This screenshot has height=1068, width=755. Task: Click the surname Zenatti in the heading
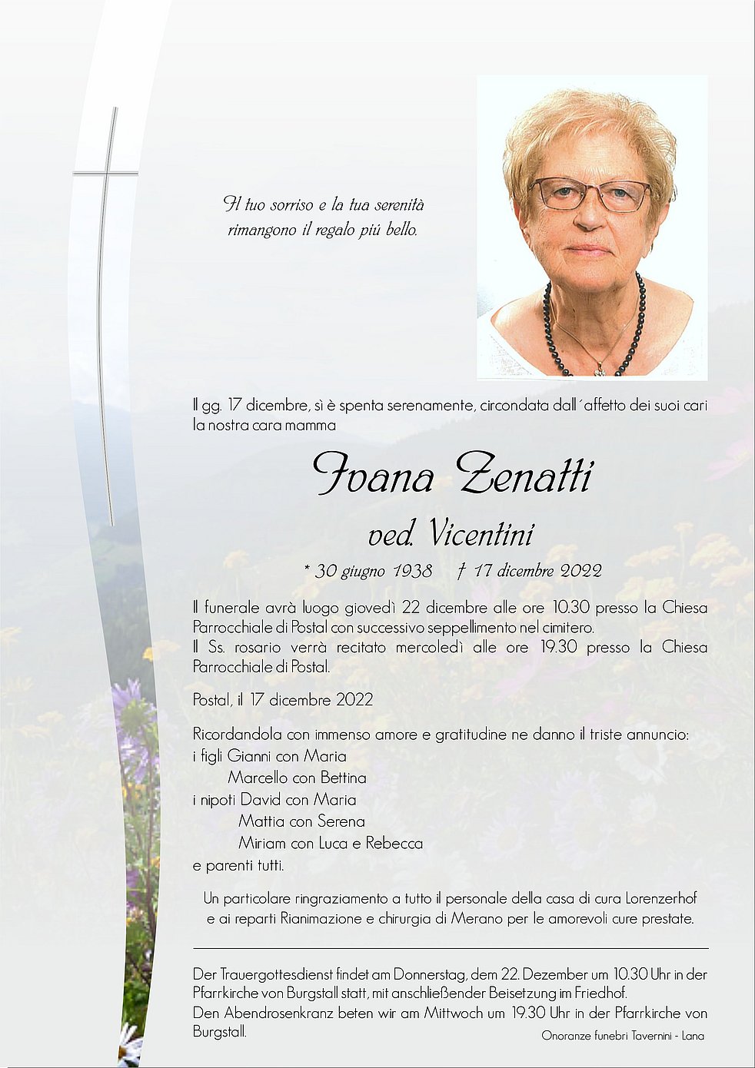(524, 475)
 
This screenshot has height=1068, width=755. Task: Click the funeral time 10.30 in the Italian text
(570, 608)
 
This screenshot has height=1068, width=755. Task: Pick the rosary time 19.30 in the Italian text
(558, 647)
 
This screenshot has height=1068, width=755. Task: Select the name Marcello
(258, 778)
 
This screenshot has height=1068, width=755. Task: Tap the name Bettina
(343, 778)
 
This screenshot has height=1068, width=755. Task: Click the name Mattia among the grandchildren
(260, 821)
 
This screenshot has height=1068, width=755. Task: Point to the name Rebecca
(394, 843)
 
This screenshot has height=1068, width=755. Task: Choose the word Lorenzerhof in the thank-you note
(661, 898)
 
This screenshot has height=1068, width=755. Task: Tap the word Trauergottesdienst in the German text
(278, 975)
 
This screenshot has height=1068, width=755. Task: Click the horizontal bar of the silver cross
(105, 174)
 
